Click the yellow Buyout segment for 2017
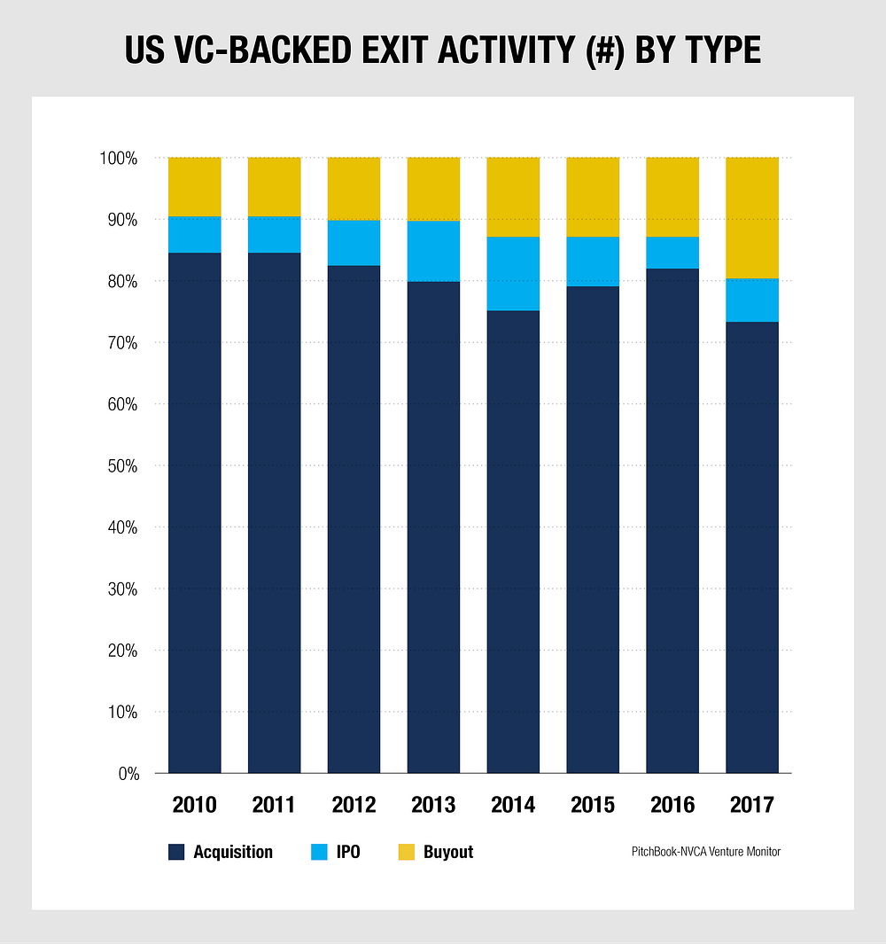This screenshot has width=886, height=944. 752,218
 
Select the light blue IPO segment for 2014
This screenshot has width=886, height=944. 513,274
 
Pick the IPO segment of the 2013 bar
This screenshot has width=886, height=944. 433,251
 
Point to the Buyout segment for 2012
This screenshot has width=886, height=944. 354,189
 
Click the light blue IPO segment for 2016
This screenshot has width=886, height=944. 672,253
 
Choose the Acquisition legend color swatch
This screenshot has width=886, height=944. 176,853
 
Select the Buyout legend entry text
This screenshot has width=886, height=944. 448,853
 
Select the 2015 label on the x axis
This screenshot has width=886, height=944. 593,805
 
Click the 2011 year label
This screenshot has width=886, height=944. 274,805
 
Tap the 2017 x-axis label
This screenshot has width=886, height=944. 752,805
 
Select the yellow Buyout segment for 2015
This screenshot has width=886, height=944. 593,198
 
